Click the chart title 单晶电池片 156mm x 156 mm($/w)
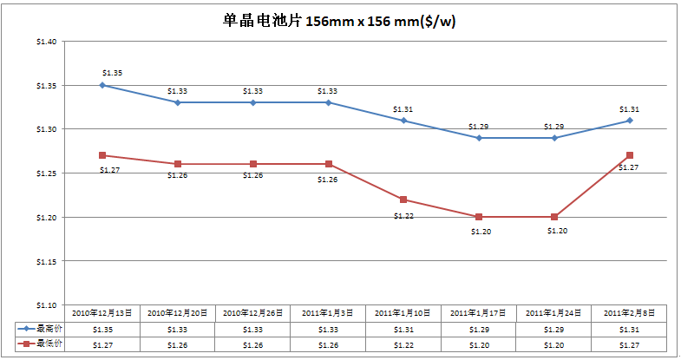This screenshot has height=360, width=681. coord(339,21)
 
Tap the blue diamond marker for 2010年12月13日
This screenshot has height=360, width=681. coord(102,85)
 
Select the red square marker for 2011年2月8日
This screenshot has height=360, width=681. coord(630,155)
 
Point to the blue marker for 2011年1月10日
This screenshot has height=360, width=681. coord(403,121)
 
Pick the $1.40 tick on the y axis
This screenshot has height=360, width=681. coord(46,42)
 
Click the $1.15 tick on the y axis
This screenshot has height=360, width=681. coord(46,261)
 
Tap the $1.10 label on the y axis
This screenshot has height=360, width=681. coord(46,305)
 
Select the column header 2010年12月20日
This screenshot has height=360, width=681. coord(178,312)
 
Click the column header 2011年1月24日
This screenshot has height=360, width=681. coord(554,312)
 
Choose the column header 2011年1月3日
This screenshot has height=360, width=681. coord(328,312)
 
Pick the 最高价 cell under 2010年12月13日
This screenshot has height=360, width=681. coord(102,330)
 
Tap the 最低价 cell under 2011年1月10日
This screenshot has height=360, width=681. coord(403,345)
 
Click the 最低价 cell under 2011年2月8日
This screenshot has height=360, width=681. coord(630,345)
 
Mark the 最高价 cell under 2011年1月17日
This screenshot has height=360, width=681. coord(479,330)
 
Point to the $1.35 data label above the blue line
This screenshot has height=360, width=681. coord(112,73)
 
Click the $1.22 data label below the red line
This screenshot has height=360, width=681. coord(403,215)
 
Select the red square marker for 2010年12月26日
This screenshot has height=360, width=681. coord(253,164)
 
